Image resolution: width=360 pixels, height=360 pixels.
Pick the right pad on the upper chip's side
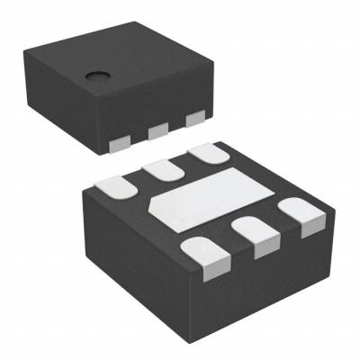[x=193, y=119]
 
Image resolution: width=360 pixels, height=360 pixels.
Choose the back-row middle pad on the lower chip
[x=161, y=170]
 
